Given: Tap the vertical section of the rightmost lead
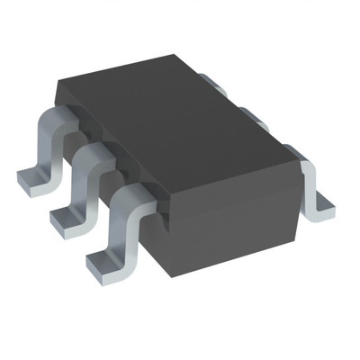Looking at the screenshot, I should [313, 184].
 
